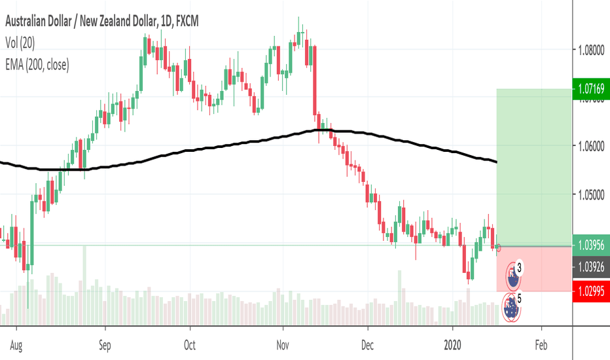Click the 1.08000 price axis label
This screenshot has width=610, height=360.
591,50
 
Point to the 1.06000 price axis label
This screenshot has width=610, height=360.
591,147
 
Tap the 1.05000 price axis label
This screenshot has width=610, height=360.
591,195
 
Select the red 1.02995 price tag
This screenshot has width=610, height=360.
591,291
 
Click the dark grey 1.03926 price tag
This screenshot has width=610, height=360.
591,266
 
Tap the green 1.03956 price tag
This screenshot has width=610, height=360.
591,244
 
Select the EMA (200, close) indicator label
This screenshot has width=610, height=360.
38,64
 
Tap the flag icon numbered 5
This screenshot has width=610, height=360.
512,306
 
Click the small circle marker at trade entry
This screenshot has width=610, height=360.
499,247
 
